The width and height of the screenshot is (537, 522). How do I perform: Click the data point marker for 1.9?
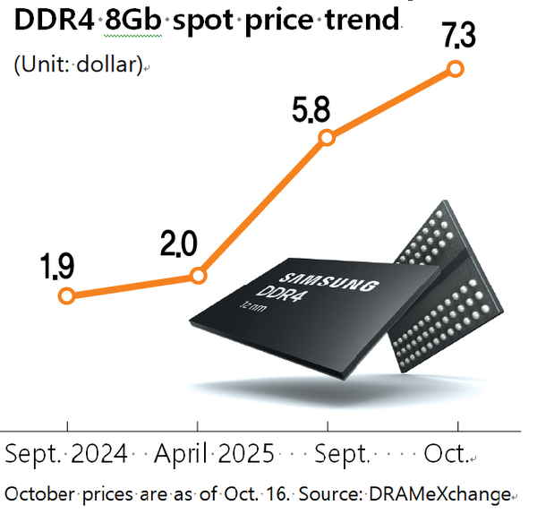(x=65, y=295)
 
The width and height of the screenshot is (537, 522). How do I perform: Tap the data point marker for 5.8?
(x=328, y=137)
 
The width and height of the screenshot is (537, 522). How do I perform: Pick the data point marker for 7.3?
(x=455, y=68)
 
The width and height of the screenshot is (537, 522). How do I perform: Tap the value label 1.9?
(x=57, y=266)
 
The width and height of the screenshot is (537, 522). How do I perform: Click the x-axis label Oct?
(x=447, y=454)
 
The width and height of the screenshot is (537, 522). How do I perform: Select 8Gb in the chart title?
(x=136, y=20)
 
